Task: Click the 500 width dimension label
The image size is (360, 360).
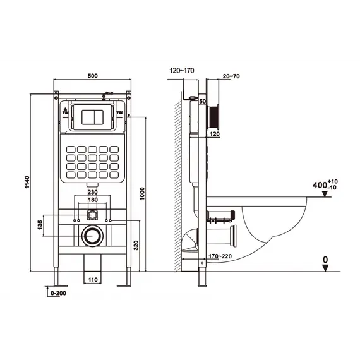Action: coord(92,76)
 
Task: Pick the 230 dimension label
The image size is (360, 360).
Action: coord(92,193)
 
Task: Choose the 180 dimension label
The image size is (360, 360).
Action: coord(92,200)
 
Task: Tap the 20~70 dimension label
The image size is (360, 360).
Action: coord(231,76)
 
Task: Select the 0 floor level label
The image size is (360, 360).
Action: coord(325,259)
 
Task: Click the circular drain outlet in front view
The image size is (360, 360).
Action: coord(92,236)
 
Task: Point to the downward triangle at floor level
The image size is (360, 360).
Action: coord(325,268)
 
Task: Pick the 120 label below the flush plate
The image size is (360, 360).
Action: coord(214,135)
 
